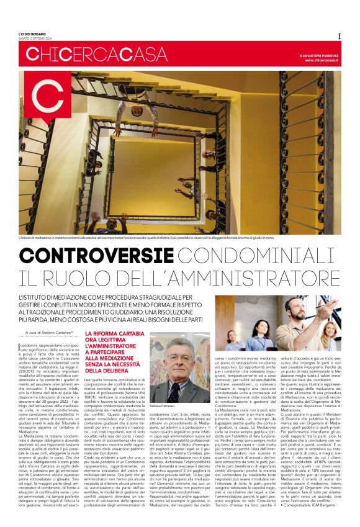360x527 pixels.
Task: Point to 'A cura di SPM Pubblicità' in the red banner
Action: pyautogui.click(x=317, y=56)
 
